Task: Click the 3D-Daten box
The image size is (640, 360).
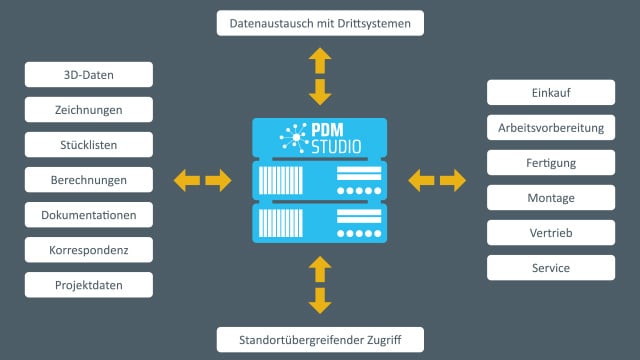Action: pyautogui.click(x=89, y=75)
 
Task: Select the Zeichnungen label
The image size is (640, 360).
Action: pyautogui.click(x=89, y=110)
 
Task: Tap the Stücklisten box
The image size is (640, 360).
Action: pyautogui.click(x=89, y=145)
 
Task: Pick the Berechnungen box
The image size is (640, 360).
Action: pyautogui.click(x=89, y=180)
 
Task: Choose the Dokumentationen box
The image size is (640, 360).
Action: pyautogui.click(x=89, y=215)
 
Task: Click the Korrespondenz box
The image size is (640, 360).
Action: pyautogui.click(x=89, y=250)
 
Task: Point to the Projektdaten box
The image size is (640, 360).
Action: pyautogui.click(x=89, y=285)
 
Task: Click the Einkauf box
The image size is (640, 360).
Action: pyautogui.click(x=551, y=93)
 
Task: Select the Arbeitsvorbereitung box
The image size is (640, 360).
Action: pyautogui.click(x=551, y=128)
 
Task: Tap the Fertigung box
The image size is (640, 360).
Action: pyautogui.click(x=551, y=163)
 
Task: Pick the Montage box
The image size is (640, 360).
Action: pyautogui.click(x=551, y=198)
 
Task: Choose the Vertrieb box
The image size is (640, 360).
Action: pyautogui.click(x=551, y=233)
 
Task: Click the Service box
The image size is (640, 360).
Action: pyautogui.click(x=551, y=268)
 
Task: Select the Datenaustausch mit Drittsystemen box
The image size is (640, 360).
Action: pyautogui.click(x=320, y=22)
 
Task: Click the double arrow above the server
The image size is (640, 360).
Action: pyautogui.click(x=320, y=76)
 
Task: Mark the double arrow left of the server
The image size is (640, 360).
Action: pyautogui.click(x=202, y=180)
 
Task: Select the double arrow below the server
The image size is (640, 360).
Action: pyautogui.click(x=320, y=284)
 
